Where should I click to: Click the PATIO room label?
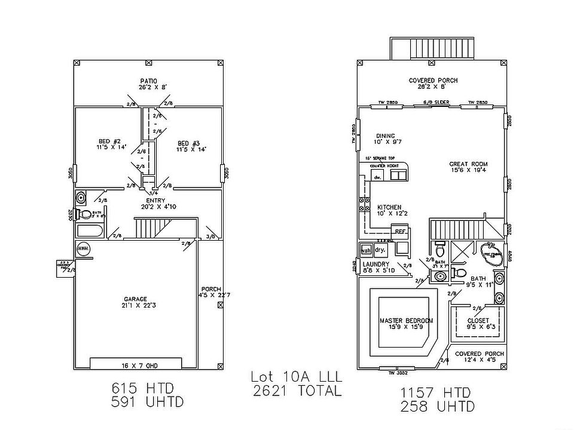coord(148,81)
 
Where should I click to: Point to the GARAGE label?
coord(136,299)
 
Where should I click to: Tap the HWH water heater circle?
coord(83,248)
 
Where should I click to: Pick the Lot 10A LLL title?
coord(295,377)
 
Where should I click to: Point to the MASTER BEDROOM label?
coord(407,321)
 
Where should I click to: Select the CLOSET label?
coord(478,320)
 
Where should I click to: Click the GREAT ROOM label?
coord(469,164)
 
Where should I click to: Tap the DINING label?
coord(386,136)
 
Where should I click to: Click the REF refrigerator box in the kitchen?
coord(399,231)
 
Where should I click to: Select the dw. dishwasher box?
coord(378,177)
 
